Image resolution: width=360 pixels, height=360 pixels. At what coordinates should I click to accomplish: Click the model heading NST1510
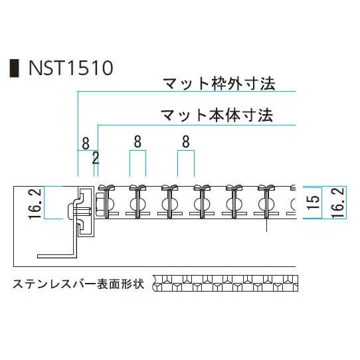point(70,68)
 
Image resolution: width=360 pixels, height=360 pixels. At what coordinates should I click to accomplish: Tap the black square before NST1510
point(14,68)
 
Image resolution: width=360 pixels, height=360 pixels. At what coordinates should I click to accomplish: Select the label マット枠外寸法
point(219,84)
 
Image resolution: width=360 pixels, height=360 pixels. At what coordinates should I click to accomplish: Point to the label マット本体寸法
point(217,116)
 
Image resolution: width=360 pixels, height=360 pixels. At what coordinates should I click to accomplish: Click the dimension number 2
point(96,158)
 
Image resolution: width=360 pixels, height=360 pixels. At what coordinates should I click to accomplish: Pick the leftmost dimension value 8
point(86,143)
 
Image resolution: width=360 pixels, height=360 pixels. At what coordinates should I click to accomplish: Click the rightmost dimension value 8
point(186,141)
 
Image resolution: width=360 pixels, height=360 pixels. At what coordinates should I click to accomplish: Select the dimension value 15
point(314,203)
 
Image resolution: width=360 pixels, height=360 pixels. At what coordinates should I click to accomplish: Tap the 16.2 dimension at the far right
point(339,203)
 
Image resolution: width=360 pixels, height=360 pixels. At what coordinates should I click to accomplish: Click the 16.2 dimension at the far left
point(36,204)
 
